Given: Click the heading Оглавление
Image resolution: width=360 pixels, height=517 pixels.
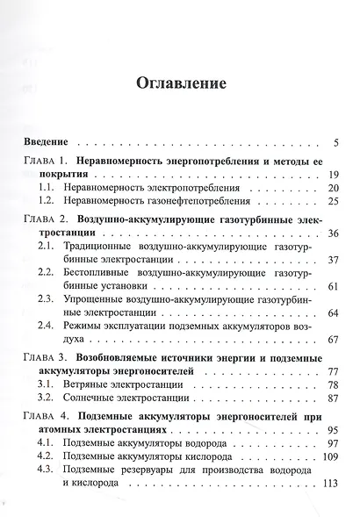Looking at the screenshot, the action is pyautogui.click(x=180, y=84).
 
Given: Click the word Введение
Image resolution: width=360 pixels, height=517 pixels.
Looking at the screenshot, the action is pyautogui.click(x=48, y=142).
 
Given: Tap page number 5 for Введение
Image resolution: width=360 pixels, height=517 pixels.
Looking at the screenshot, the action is pyautogui.click(x=337, y=142).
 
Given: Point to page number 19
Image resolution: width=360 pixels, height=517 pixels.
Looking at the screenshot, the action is pyautogui.click(x=333, y=176).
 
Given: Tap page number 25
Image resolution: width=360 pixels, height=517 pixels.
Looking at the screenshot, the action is pyautogui.click(x=333, y=202).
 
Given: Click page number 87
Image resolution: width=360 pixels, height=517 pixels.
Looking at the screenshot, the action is pyautogui.click(x=333, y=398).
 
